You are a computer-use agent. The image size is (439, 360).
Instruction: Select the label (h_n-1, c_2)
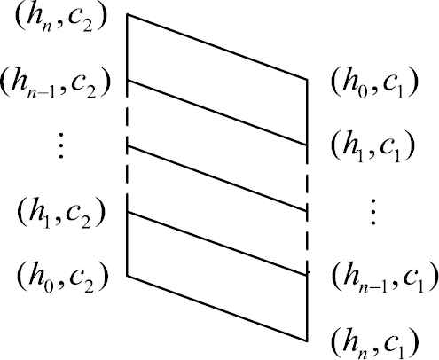[55, 83]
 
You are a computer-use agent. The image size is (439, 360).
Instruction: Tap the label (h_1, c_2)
[61, 214]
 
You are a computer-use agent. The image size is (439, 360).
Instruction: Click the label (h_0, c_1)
[374, 83]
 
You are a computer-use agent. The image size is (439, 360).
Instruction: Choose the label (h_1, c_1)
[372, 147]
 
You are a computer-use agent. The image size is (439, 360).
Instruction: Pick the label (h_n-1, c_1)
[385, 278]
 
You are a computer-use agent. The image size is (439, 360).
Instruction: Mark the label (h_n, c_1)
[375, 343]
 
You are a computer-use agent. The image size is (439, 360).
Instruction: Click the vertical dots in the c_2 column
[61, 145]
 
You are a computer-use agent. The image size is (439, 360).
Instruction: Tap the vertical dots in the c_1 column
[373, 212]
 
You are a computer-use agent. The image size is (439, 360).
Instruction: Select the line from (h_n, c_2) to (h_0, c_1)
[217, 47]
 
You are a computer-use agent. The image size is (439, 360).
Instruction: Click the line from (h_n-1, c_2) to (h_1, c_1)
[217, 113]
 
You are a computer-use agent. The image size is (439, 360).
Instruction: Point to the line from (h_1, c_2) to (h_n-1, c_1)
[217, 244]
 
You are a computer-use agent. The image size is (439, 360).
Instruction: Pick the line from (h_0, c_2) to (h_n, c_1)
[217, 309]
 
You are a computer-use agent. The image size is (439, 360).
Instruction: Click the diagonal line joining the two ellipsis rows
[217, 178]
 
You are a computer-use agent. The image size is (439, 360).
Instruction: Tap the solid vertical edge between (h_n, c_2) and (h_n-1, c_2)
[127, 47]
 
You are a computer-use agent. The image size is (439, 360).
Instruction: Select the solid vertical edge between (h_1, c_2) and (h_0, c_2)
[127, 245]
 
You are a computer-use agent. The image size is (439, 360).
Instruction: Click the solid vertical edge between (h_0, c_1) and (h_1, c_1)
[307, 112]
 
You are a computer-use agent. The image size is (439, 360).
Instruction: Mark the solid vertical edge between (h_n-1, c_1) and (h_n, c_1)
[307, 309]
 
